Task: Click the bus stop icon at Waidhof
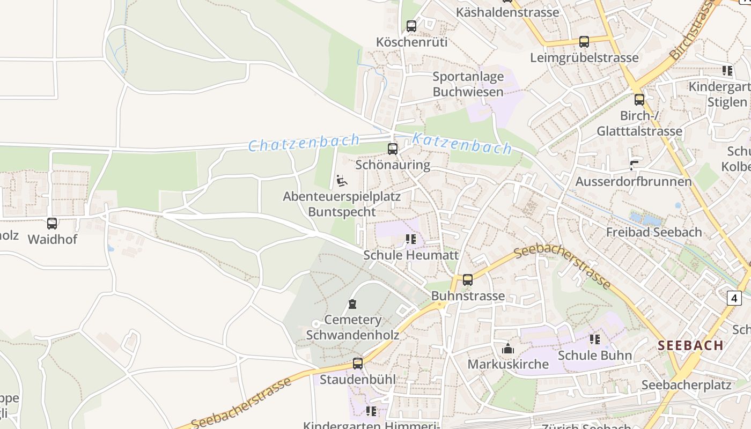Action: tap(52, 224)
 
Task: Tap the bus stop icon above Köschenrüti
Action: tap(411, 26)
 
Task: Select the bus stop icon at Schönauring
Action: tap(393, 149)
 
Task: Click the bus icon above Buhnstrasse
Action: tap(468, 280)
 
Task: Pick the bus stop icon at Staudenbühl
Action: tap(358, 364)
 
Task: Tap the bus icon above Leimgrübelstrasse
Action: tap(584, 41)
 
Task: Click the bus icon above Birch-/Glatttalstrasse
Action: tap(639, 99)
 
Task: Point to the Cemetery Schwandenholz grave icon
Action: tap(352, 304)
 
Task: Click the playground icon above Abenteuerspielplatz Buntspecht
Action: tap(342, 181)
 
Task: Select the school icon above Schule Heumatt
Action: tap(411, 239)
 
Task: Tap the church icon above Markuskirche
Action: tap(508, 349)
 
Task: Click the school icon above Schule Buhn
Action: tap(594, 339)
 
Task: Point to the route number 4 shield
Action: tap(734, 298)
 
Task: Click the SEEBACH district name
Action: tap(691, 345)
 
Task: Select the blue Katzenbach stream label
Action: tap(462, 144)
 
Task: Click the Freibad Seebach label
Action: tap(654, 232)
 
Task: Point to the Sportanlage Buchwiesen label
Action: tap(468, 84)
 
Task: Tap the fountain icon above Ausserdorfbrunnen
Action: tap(634, 165)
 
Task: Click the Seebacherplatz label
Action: tap(686, 385)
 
